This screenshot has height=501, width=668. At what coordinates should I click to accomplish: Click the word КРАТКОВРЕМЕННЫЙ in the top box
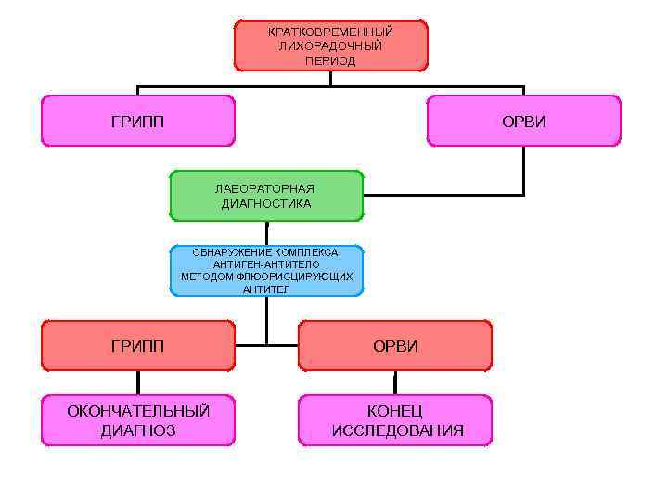tap(330, 32)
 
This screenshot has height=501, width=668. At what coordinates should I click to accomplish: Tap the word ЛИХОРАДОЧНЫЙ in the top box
tap(330, 45)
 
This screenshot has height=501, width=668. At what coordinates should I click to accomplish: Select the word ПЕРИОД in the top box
tap(330, 60)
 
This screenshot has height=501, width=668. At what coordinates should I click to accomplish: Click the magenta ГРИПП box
tap(137, 122)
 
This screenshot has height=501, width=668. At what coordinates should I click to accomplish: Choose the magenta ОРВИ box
tap(523, 122)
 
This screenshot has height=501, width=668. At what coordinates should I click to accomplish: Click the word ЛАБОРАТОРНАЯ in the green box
tap(265, 189)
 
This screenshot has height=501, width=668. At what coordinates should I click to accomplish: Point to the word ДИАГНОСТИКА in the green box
tap(265, 203)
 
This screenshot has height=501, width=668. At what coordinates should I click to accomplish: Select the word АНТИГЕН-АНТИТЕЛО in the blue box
tap(266, 264)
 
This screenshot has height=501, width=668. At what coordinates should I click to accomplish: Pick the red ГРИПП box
tap(137, 346)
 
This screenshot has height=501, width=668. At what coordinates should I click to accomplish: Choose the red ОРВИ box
tap(395, 346)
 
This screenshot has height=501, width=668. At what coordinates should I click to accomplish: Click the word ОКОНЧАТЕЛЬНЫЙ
tap(137, 411)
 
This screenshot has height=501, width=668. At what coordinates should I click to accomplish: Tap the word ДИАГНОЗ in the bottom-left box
tap(137, 430)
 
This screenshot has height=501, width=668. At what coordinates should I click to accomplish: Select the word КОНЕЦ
tap(395, 411)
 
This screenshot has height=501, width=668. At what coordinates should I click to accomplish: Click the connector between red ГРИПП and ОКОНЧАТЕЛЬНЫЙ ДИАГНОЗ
tap(138, 383)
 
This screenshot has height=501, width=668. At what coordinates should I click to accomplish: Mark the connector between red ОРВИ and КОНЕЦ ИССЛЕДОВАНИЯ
tap(395, 383)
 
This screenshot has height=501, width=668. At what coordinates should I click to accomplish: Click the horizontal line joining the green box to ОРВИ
tap(443, 196)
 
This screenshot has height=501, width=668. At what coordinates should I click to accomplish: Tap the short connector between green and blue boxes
tap(267, 233)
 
